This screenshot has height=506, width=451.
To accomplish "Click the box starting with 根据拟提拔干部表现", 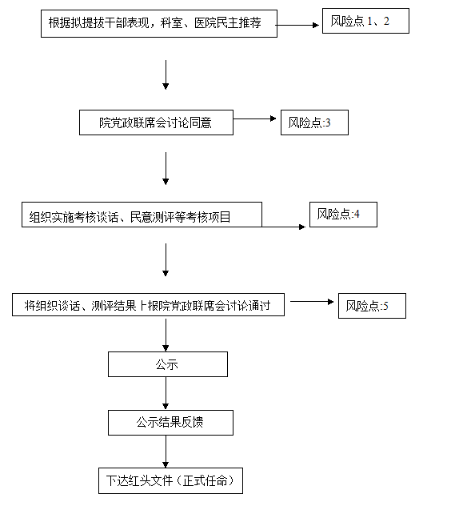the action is [x=159, y=23].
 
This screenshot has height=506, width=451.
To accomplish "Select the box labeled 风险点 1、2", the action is [x=365, y=21].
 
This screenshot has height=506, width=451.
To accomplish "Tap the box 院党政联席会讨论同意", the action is [x=157, y=122].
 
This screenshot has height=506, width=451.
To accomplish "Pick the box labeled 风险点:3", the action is [x=314, y=122].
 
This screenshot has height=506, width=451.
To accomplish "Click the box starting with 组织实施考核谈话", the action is [x=142, y=215].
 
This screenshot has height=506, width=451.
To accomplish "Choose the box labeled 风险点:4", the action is [x=343, y=215].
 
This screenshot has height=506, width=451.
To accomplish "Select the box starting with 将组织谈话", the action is [x=148, y=304].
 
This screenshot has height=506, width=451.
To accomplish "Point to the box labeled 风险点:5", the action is [x=372, y=306].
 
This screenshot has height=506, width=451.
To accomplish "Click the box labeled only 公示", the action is [x=168, y=364].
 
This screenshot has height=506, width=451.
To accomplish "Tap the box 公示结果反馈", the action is [x=170, y=423].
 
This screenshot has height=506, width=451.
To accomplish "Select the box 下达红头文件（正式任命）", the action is [x=170, y=481].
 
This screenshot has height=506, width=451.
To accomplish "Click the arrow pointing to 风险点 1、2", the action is [x=297, y=25].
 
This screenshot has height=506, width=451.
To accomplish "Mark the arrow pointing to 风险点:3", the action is [x=254, y=118].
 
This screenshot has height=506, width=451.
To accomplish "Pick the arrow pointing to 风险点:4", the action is [x=284, y=227].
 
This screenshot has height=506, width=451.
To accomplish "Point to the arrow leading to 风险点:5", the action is [x=312, y=302].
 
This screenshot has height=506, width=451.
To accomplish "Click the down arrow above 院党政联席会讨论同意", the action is [x=166, y=75].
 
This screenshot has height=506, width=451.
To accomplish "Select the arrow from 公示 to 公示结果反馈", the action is [x=166, y=393].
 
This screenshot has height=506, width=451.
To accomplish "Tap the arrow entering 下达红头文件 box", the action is [x=166, y=452].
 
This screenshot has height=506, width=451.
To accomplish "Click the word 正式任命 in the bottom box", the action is [x=205, y=481].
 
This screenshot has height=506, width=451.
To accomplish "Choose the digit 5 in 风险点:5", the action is [x=385, y=306].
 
